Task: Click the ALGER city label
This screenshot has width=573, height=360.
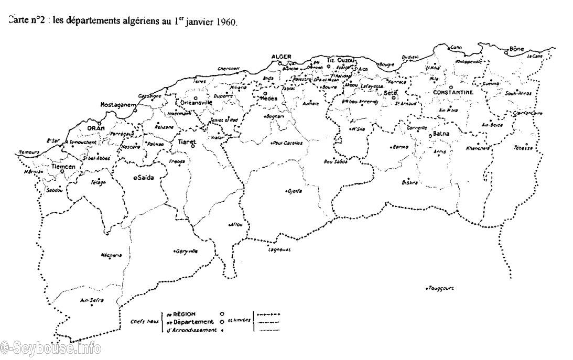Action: [280, 57]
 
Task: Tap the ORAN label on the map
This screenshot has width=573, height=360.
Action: [96, 128]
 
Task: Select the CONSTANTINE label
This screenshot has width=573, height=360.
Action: [453, 93]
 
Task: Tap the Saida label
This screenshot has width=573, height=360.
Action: [145, 178]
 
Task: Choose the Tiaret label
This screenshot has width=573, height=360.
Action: [187, 142]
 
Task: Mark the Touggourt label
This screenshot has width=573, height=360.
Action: [440, 288]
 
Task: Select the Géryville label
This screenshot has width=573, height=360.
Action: [187, 251]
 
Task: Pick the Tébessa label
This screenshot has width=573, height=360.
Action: [523, 148]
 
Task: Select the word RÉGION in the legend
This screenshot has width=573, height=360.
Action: [184, 314]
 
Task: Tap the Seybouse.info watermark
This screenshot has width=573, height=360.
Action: [50, 347]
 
